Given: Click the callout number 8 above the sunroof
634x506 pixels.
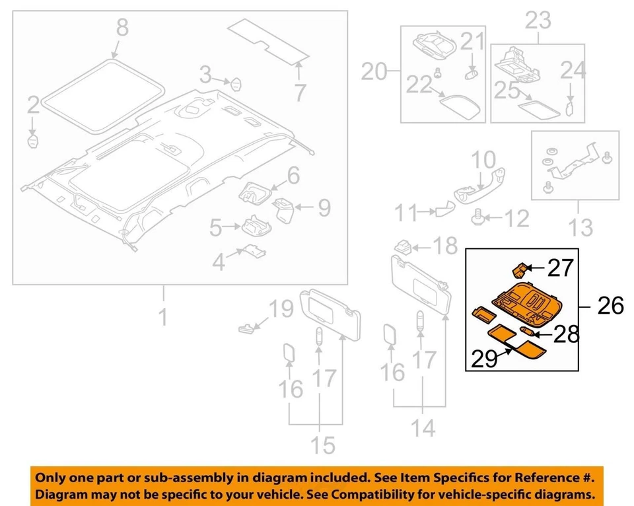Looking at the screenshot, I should (123, 28).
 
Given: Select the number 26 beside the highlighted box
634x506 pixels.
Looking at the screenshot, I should (610, 306).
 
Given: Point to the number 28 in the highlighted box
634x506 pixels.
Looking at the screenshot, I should (566, 334).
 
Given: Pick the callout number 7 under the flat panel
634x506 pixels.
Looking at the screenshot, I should (300, 92).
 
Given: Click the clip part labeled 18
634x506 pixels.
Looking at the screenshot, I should (404, 246).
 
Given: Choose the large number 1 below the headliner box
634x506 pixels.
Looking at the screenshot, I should (162, 318).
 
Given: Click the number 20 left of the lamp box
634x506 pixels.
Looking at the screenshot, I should (376, 71).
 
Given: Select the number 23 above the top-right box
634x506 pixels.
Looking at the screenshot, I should (538, 20).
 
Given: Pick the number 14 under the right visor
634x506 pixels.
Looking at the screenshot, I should (423, 429).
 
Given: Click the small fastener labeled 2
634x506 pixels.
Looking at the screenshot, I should (33, 140).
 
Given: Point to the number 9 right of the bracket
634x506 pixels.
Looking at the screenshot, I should (324, 209).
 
